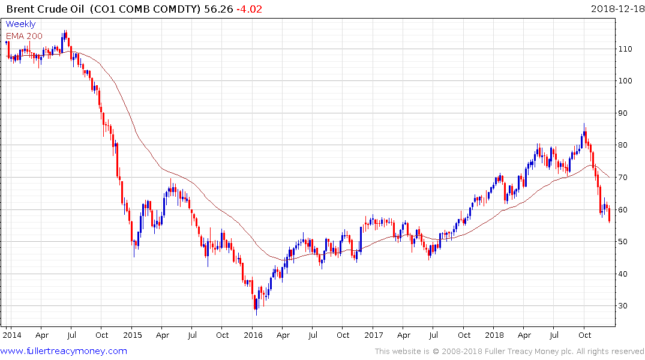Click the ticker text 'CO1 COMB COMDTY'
[149, 9]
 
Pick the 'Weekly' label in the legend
[21, 25]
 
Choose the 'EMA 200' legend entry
[24, 36]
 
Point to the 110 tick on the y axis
[627, 49]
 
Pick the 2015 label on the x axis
[132, 334]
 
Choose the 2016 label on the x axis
[253, 334]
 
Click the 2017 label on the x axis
[374, 334]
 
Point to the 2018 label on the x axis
[494, 334]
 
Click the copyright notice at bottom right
[509, 351]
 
